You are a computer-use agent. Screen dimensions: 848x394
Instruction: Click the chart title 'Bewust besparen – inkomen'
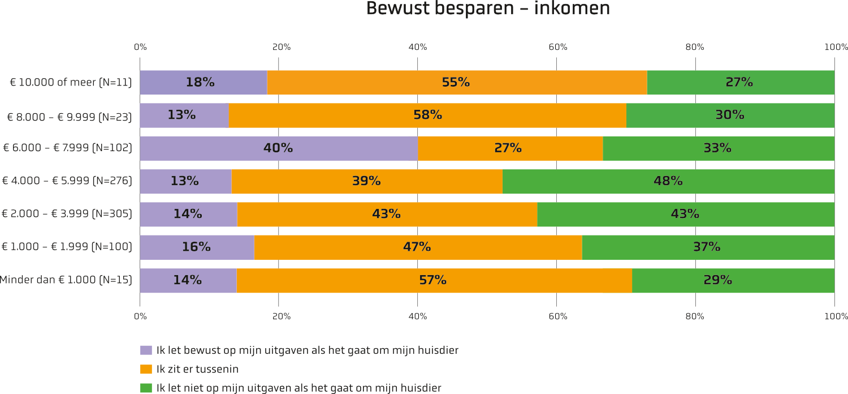(488, 8)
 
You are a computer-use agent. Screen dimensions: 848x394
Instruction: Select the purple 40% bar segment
(279, 148)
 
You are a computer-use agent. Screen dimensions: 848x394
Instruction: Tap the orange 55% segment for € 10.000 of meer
(457, 82)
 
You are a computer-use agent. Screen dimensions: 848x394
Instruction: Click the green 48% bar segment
(669, 181)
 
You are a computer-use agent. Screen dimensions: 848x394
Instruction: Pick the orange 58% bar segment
(427, 115)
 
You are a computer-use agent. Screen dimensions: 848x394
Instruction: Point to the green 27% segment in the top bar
(741, 82)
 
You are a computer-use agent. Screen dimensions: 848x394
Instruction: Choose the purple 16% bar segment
(197, 247)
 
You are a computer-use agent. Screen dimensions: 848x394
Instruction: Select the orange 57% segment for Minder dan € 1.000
(434, 281)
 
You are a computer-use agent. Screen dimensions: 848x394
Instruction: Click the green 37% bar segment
(708, 247)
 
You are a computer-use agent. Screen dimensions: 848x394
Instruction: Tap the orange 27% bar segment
(510, 148)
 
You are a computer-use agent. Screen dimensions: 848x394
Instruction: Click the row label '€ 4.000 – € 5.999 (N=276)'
(67, 181)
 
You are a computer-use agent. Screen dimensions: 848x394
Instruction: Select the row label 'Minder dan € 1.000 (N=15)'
(66, 280)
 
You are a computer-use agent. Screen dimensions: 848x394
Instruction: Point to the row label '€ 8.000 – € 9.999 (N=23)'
(70, 117)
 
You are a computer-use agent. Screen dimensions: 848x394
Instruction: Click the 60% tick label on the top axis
(558, 47)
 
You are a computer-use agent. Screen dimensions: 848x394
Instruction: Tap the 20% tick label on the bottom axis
(282, 316)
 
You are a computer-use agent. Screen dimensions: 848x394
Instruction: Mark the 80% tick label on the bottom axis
(695, 316)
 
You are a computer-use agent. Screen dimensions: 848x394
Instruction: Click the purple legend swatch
(146, 350)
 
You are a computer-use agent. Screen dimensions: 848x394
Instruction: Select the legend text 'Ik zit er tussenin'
(197, 369)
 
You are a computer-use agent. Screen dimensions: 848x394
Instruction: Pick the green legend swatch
(146, 388)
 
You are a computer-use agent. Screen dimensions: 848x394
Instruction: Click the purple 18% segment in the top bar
(204, 82)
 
